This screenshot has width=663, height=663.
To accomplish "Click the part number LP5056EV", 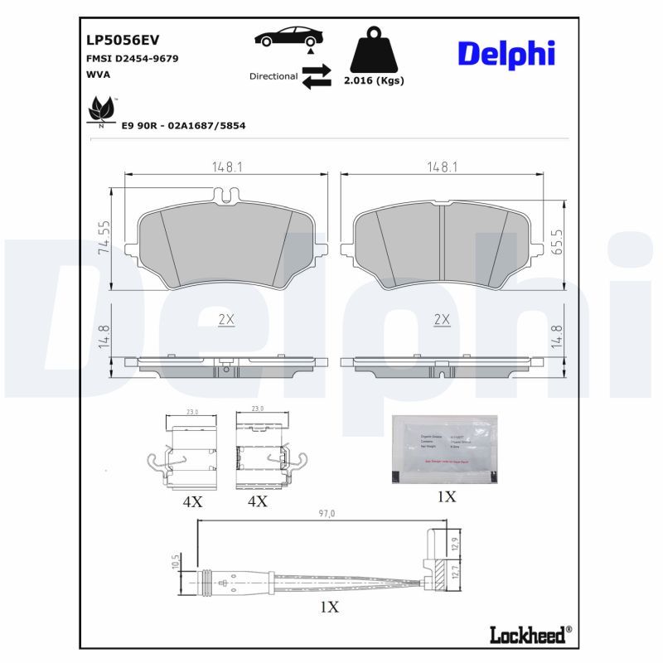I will (123, 40).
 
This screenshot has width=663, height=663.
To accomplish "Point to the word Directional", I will (273, 76).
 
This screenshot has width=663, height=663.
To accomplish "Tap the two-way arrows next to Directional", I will (316, 76).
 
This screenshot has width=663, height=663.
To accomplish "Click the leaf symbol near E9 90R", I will (103, 110).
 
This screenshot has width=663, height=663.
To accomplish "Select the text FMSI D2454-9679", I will (133, 59).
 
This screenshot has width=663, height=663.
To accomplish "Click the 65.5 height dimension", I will (558, 242).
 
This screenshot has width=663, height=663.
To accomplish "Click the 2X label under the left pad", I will (225, 319).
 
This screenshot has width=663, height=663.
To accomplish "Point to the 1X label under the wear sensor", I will (329, 607).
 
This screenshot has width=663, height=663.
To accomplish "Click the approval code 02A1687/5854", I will (207, 126).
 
